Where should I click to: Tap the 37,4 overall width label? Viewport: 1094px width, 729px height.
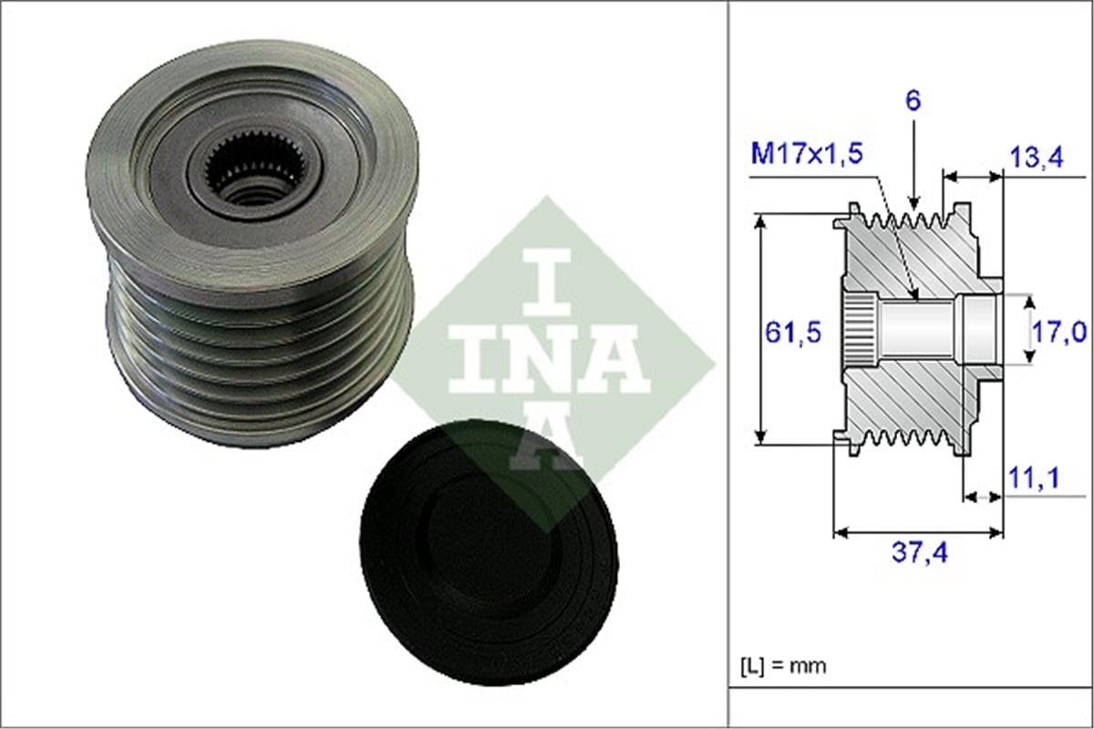(x=919, y=553)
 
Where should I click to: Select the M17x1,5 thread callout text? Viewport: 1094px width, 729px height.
(x=807, y=153)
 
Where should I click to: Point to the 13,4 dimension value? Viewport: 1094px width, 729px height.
(x=1037, y=158)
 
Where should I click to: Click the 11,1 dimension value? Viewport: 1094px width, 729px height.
(x=1034, y=478)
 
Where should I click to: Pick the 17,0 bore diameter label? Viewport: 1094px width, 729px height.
(x=1058, y=333)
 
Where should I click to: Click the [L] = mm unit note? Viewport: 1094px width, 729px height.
(x=783, y=665)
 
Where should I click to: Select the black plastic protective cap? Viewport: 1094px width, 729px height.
(x=489, y=550)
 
